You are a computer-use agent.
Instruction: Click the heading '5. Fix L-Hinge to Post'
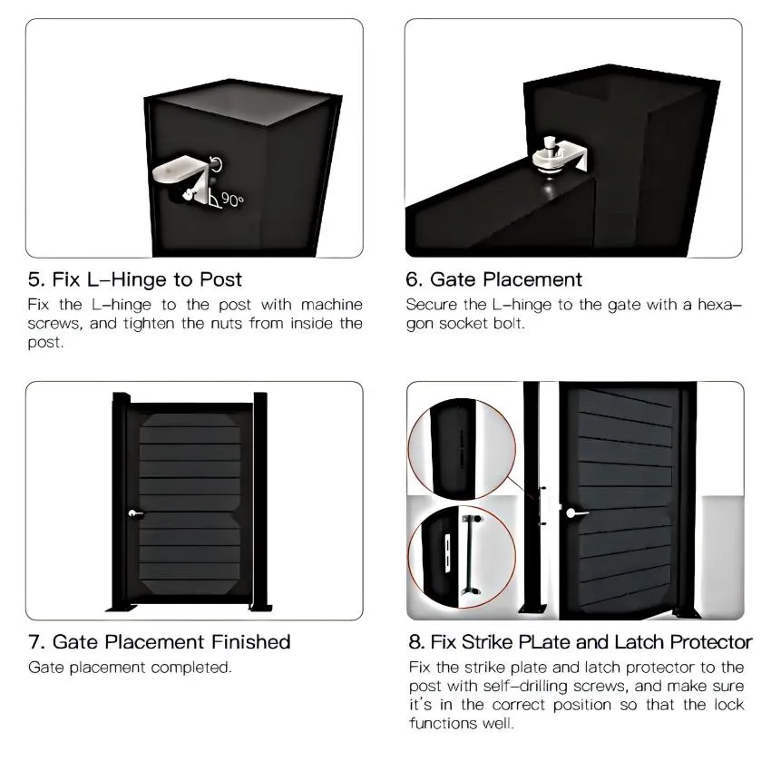tap(135, 278)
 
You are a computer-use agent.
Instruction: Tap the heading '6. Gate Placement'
tap(494, 278)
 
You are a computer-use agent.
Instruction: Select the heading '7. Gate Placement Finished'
tap(159, 642)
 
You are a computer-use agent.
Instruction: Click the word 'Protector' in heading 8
tap(702, 642)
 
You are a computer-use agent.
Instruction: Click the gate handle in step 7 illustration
tap(136, 514)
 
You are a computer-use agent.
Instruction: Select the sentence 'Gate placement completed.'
tap(130, 668)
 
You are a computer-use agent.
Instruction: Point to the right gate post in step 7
tap(261, 503)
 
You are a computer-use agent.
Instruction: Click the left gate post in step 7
tap(118, 503)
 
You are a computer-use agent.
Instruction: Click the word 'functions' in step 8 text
tap(440, 724)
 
